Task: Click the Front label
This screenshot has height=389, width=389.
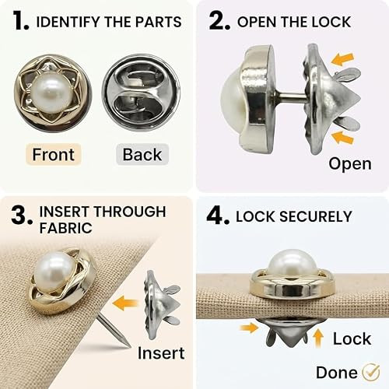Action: tap(54, 155)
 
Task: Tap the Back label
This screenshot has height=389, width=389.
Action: tap(142, 155)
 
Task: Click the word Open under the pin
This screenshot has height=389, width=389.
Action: tap(350, 164)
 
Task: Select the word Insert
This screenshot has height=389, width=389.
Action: tap(161, 353)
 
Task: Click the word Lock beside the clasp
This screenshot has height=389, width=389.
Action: tap(352, 338)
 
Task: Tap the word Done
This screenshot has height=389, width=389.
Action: tap(337, 373)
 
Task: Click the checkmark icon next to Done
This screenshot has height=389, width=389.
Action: tap(371, 372)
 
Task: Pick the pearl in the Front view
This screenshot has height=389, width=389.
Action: tap(50, 93)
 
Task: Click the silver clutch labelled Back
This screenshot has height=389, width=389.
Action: tap(141, 93)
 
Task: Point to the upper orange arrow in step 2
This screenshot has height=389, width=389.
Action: tap(342, 59)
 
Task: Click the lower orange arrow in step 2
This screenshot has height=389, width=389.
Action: tap(342, 137)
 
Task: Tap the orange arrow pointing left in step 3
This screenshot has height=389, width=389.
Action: tap(124, 303)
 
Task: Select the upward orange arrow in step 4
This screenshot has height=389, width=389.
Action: tap(318, 338)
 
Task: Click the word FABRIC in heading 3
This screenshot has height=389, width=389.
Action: tap(66, 228)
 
